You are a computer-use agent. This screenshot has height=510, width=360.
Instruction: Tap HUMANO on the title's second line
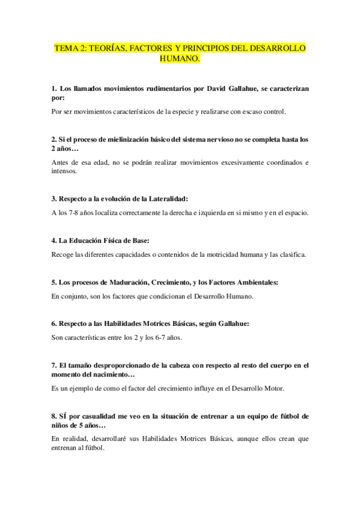click(x=180, y=60)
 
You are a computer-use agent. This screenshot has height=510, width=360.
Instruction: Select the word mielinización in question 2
click(x=130, y=140)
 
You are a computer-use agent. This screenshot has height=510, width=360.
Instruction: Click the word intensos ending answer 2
click(x=64, y=171)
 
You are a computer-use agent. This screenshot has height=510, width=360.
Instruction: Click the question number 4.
click(x=54, y=240)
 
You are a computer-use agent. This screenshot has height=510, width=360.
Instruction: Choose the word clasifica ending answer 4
click(x=289, y=254)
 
